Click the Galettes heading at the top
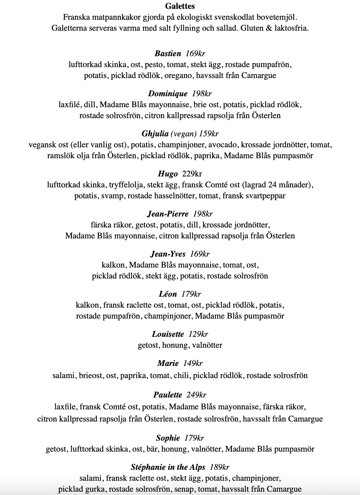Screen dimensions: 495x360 click(x=180, y=6)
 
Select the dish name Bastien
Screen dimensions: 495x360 click(x=168, y=53)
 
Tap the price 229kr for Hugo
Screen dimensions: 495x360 click(x=192, y=174)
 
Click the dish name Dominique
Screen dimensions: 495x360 click(x=168, y=94)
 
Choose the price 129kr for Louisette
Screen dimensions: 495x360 click(x=198, y=334)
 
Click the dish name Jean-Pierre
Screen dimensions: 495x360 click(x=168, y=214)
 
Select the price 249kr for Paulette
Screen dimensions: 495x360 click(x=196, y=395)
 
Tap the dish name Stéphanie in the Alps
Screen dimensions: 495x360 click(x=168, y=467)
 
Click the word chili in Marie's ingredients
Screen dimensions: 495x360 click(x=181, y=375)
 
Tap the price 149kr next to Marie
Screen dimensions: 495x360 click(x=193, y=363)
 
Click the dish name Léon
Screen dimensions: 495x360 click(x=168, y=294)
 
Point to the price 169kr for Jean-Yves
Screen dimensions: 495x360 click(x=200, y=254)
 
